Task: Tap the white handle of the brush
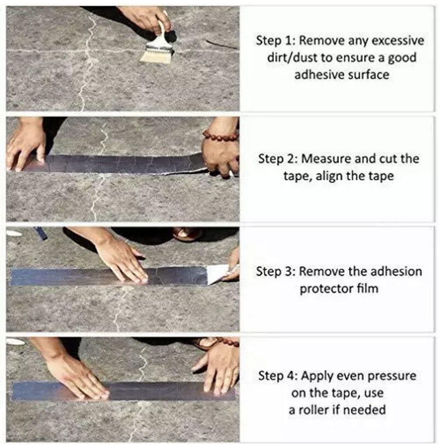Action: click(161, 33)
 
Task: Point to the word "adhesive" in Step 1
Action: click(316, 74)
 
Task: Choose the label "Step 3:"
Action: click(276, 271)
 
